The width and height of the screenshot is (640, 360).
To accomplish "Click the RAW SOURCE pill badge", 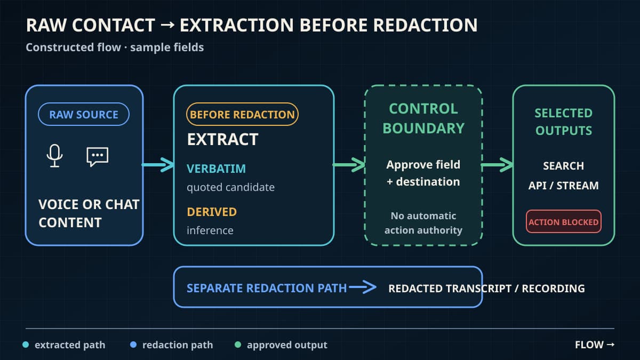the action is [x=84, y=114].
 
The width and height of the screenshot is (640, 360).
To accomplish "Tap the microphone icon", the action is [x=54, y=156].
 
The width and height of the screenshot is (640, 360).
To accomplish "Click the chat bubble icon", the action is [x=98, y=157].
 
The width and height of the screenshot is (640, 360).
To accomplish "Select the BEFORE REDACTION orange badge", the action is [x=242, y=114].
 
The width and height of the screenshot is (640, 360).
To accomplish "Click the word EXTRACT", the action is [x=222, y=139].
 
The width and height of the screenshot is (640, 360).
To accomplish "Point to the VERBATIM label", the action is [x=216, y=169].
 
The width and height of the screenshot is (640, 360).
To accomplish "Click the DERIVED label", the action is [x=212, y=212].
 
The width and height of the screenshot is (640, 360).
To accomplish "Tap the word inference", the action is [x=210, y=230].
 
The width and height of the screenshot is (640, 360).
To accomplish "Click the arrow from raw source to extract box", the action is [x=158, y=165].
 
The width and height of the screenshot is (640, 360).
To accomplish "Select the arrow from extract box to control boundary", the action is [x=349, y=165].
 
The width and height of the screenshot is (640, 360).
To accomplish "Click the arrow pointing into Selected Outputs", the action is [x=497, y=165].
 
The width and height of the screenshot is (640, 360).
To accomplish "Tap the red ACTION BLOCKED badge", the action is [x=563, y=222].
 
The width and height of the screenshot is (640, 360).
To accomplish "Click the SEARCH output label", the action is [x=563, y=166].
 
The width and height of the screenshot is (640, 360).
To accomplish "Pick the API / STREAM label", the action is [x=563, y=186].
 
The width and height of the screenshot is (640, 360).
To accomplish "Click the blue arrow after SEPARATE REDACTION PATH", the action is [x=363, y=287].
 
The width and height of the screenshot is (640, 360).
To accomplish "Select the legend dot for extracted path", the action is [x=26, y=345].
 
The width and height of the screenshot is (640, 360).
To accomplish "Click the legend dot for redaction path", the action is [x=133, y=345].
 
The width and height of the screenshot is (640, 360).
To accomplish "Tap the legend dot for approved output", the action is [x=238, y=345].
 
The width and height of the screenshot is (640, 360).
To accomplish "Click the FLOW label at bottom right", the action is [x=595, y=345].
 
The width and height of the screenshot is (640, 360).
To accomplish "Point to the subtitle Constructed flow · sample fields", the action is [x=115, y=47].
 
